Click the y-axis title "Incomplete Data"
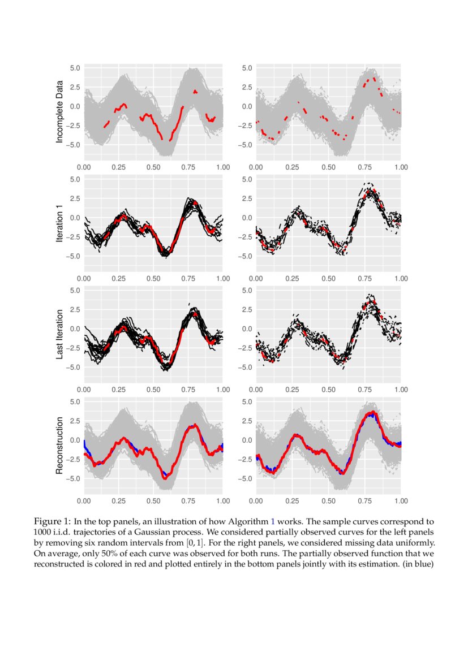(x=59, y=111)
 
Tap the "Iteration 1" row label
(x=59, y=222)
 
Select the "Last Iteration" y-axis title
(x=59, y=333)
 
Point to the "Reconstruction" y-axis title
(x=59, y=444)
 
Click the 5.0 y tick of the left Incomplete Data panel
(x=75, y=68)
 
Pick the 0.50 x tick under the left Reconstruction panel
(x=153, y=500)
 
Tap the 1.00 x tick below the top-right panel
(x=401, y=167)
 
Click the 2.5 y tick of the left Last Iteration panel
(x=75, y=309)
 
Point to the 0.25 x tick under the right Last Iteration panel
(x=292, y=390)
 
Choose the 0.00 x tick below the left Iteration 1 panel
(x=84, y=278)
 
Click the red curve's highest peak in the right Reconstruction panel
(x=371, y=413)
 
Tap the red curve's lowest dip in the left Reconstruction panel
(x=165, y=478)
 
